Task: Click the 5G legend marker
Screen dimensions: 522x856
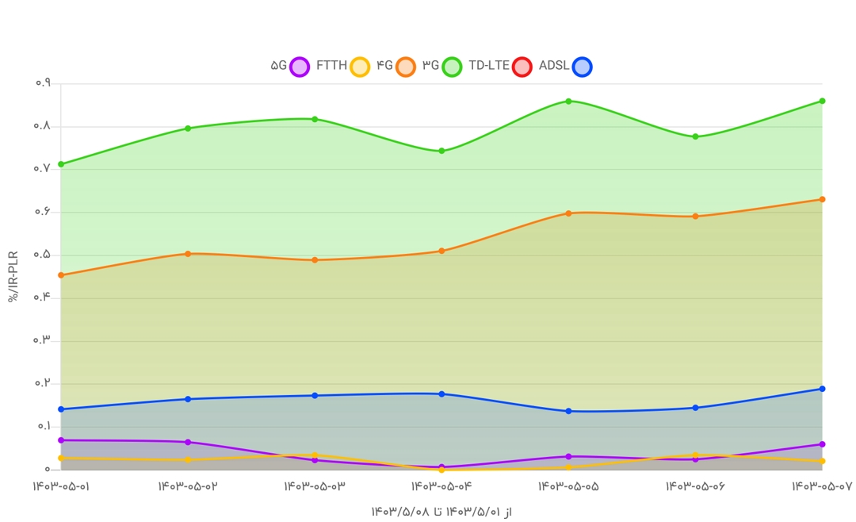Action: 299,67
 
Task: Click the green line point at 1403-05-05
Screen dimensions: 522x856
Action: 568,102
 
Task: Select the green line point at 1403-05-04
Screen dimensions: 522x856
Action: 441,151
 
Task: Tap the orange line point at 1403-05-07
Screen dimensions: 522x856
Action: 822,199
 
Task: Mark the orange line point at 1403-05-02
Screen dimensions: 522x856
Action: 188,254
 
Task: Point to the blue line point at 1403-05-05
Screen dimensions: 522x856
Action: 568,411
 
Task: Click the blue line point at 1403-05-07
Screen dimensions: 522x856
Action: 822,389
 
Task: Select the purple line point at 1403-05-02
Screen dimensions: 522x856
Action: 188,442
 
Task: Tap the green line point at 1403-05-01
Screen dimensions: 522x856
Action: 61,164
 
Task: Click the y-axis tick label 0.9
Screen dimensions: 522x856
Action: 43,83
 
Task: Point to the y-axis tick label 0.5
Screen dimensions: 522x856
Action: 43,255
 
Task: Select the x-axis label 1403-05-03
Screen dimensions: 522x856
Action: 315,486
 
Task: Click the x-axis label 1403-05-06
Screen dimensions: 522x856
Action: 695,486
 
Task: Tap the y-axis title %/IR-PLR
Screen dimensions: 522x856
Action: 13,276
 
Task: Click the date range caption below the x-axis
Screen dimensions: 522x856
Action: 441,512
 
